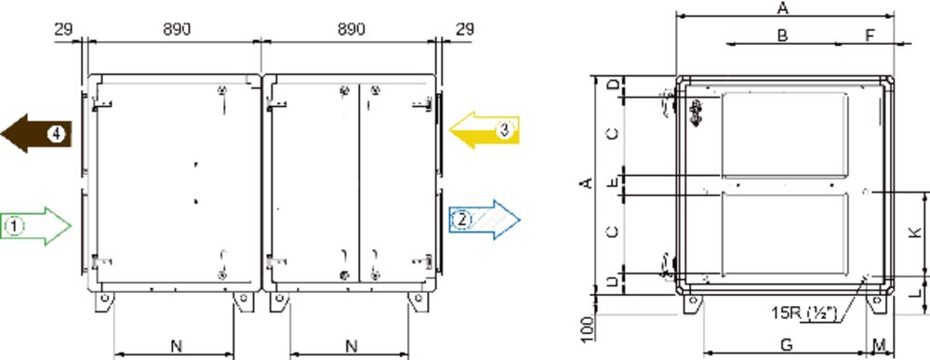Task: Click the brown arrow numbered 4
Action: (x=37, y=133)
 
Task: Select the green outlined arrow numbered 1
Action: (x=35, y=225)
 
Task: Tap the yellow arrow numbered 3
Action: (x=484, y=130)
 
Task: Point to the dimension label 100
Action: (x=586, y=329)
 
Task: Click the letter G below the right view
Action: (x=785, y=344)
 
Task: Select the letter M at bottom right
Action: (x=880, y=344)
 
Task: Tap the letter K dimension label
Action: (x=916, y=233)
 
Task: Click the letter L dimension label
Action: (x=916, y=292)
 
